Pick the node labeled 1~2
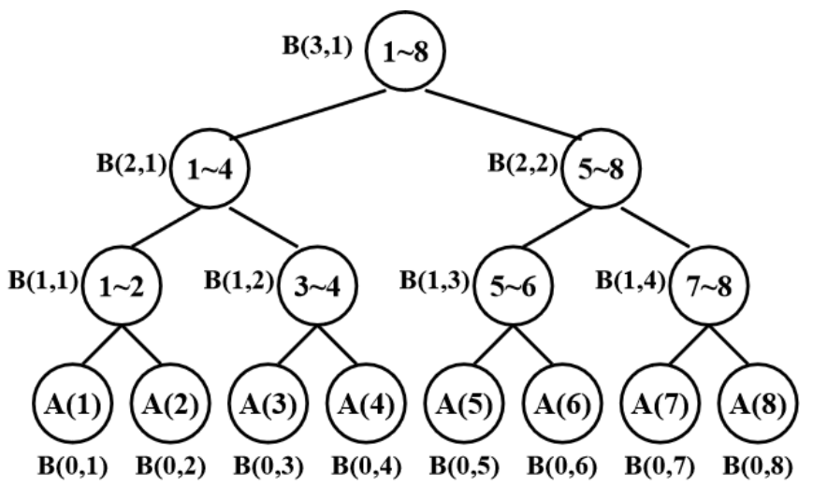pyautogui.click(x=117, y=288)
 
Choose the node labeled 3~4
pyautogui.click(x=313, y=288)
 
